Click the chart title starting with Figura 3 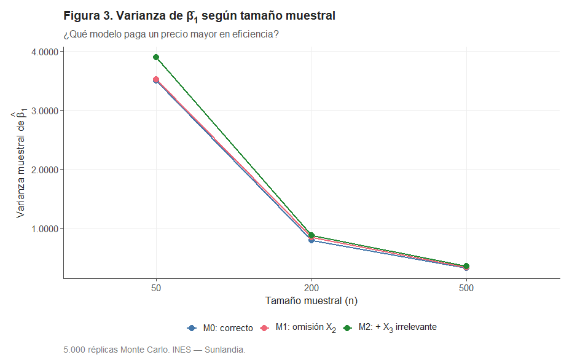tap(199, 16)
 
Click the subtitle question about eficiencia tap(171, 34)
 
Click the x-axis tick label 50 tap(156, 287)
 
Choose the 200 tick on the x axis tap(311, 287)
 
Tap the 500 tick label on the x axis tap(466, 287)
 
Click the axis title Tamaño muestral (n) tap(311, 301)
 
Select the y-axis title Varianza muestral tap(20, 164)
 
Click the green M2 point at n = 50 tap(156, 57)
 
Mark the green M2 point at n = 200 tap(311, 235)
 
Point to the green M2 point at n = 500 tap(466, 266)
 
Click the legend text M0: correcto tap(227, 328)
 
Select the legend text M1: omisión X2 tap(305, 328)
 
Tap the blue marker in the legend tap(191, 328)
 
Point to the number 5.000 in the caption tap(74, 350)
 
